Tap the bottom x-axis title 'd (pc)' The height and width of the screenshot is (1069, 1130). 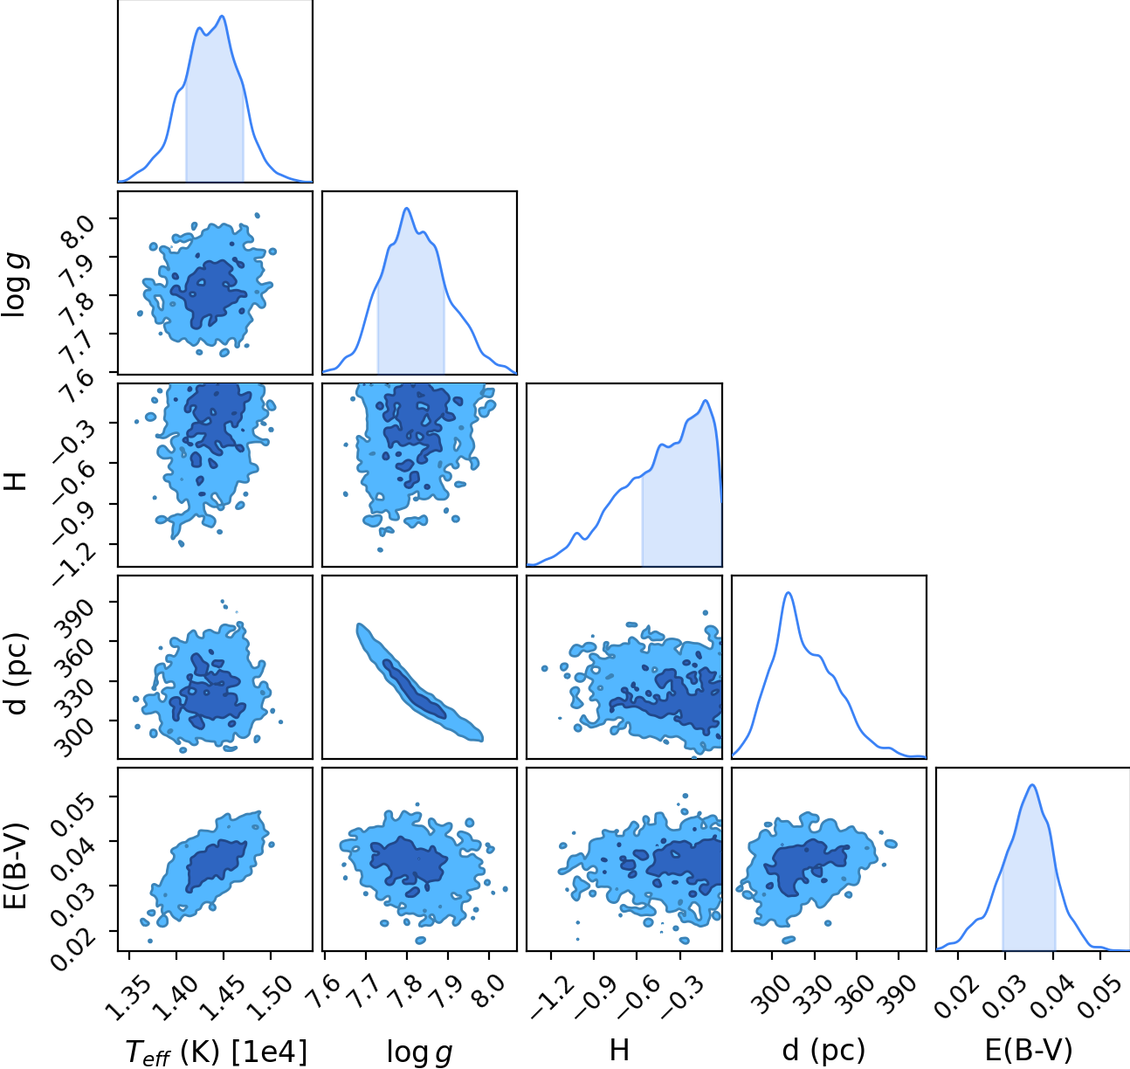823,1051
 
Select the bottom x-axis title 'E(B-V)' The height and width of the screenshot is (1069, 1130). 1029,1051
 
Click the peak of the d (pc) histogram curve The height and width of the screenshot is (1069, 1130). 789,593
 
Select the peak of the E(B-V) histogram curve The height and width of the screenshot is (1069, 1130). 1032,785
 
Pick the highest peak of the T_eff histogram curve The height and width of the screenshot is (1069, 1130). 223,16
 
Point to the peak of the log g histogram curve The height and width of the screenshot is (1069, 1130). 407,208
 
